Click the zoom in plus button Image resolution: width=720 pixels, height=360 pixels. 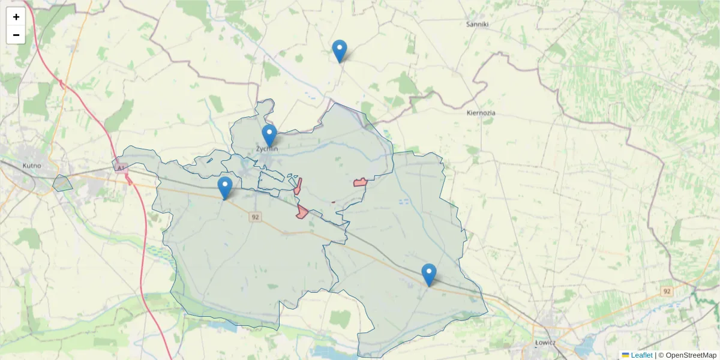16,17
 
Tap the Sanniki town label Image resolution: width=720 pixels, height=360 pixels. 478,25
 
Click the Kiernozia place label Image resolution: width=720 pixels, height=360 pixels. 481,112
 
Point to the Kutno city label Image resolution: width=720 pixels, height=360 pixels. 31,165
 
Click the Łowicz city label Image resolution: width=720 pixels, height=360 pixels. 545,343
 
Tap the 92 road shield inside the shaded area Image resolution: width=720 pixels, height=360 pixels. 256,217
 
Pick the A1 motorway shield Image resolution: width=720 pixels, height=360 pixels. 122,169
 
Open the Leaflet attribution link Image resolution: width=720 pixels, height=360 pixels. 641,355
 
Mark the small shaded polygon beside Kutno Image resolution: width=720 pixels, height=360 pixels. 62,184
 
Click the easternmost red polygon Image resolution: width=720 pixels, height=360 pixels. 360,182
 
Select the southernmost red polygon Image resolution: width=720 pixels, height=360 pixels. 302,211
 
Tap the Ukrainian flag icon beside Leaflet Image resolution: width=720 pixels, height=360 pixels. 625,355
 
